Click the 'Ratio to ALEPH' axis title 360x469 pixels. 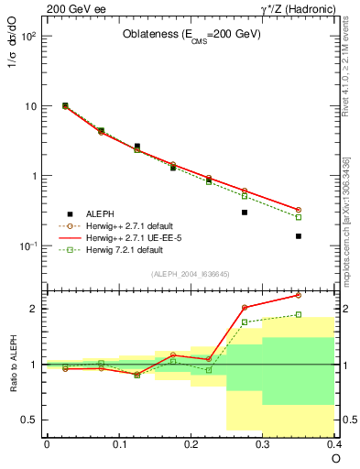pos(14,364)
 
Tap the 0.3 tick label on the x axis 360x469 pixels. pos(263,444)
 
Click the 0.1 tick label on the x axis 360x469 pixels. pos(119,444)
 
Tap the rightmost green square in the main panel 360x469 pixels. pos(299,217)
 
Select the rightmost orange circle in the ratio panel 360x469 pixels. pos(299,295)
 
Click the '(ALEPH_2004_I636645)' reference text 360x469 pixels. pos(191,273)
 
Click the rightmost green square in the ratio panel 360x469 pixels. pos(299,314)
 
